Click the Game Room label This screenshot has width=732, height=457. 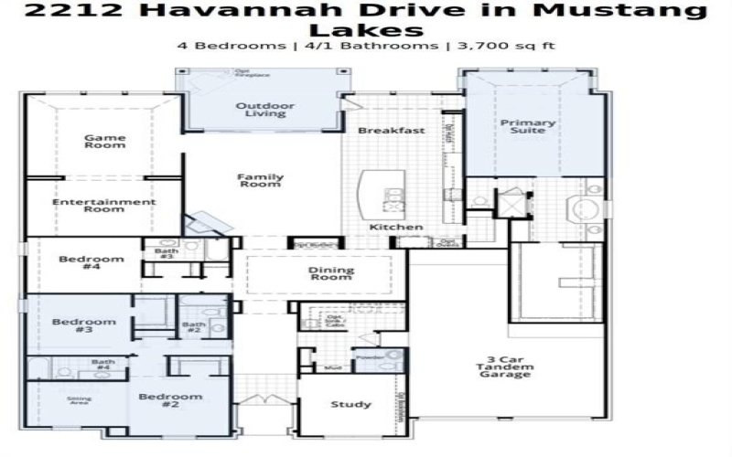105,142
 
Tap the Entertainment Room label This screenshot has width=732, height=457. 103,206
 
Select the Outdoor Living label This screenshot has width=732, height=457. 265,110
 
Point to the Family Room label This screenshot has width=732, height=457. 261,181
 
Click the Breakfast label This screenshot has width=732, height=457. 392,131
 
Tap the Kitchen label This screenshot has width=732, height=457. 396,227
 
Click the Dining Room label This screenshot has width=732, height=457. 329,273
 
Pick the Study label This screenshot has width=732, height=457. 350,404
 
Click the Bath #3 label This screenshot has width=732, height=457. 165,253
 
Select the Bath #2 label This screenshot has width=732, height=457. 193,327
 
